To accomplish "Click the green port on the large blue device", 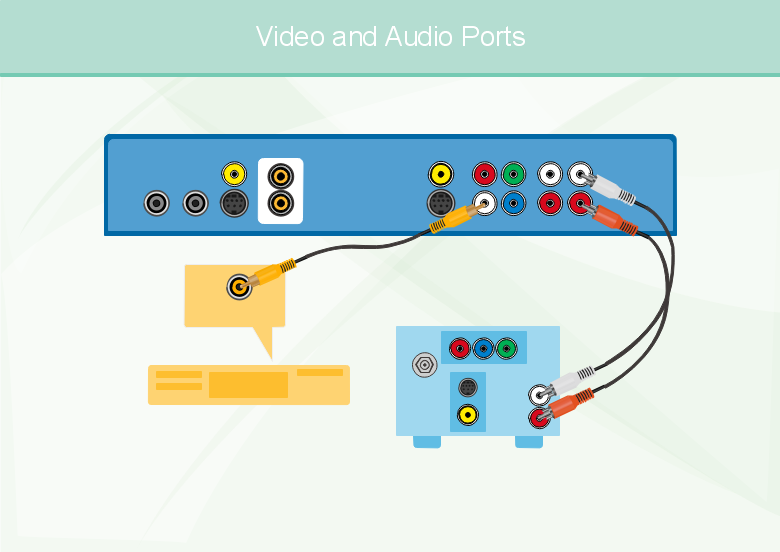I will pyautogui.click(x=513, y=174).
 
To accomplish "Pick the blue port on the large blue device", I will pyautogui.click(x=513, y=204).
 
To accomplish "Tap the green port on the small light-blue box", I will pyautogui.click(x=507, y=349).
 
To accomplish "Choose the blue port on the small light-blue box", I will pyautogui.click(x=483, y=349).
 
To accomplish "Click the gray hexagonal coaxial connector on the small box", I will pyautogui.click(x=426, y=364).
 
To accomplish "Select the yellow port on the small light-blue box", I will pyautogui.click(x=466, y=413).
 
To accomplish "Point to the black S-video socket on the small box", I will pyautogui.click(x=466, y=387).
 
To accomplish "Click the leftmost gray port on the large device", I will pyautogui.click(x=156, y=204).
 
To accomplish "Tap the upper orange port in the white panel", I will pyautogui.click(x=281, y=177).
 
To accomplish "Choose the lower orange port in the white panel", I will pyautogui.click(x=281, y=204).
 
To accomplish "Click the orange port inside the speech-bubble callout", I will pyautogui.click(x=238, y=287).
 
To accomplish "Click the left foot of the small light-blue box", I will pyautogui.click(x=427, y=441).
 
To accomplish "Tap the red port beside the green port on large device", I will pyautogui.click(x=485, y=174).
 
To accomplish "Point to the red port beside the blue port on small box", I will pyautogui.click(x=459, y=349).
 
